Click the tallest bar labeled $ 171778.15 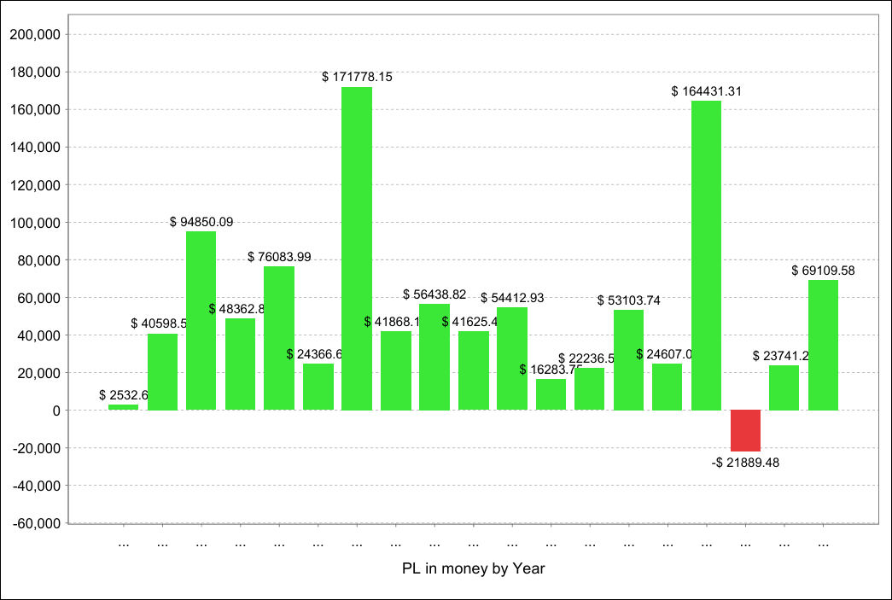pos(357,248)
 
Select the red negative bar pos(745,431)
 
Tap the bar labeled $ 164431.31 pos(706,255)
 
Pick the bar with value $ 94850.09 pos(201,321)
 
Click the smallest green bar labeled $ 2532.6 pos(123,407)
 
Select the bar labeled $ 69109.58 pos(823,345)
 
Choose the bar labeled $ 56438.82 pos(434,357)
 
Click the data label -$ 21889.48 pos(745,463)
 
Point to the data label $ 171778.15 pos(357,77)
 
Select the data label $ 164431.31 pos(706,91)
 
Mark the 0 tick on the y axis pos(55,411)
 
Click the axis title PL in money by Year pos(473,568)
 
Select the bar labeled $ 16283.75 pos(551,394)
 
